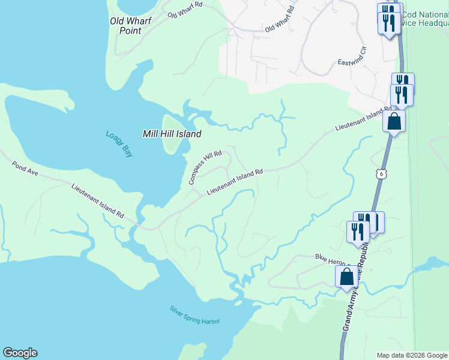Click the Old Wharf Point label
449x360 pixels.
[130, 25]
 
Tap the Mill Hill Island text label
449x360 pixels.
[172, 134]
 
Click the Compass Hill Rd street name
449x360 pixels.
[205, 167]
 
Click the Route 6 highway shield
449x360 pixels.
[382, 173]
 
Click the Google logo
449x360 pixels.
[20, 353]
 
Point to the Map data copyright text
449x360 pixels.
[412, 355]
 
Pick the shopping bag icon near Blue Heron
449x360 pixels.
[346, 277]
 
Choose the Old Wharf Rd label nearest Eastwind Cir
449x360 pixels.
[280, 19]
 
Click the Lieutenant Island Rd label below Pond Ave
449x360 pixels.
[97, 200]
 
